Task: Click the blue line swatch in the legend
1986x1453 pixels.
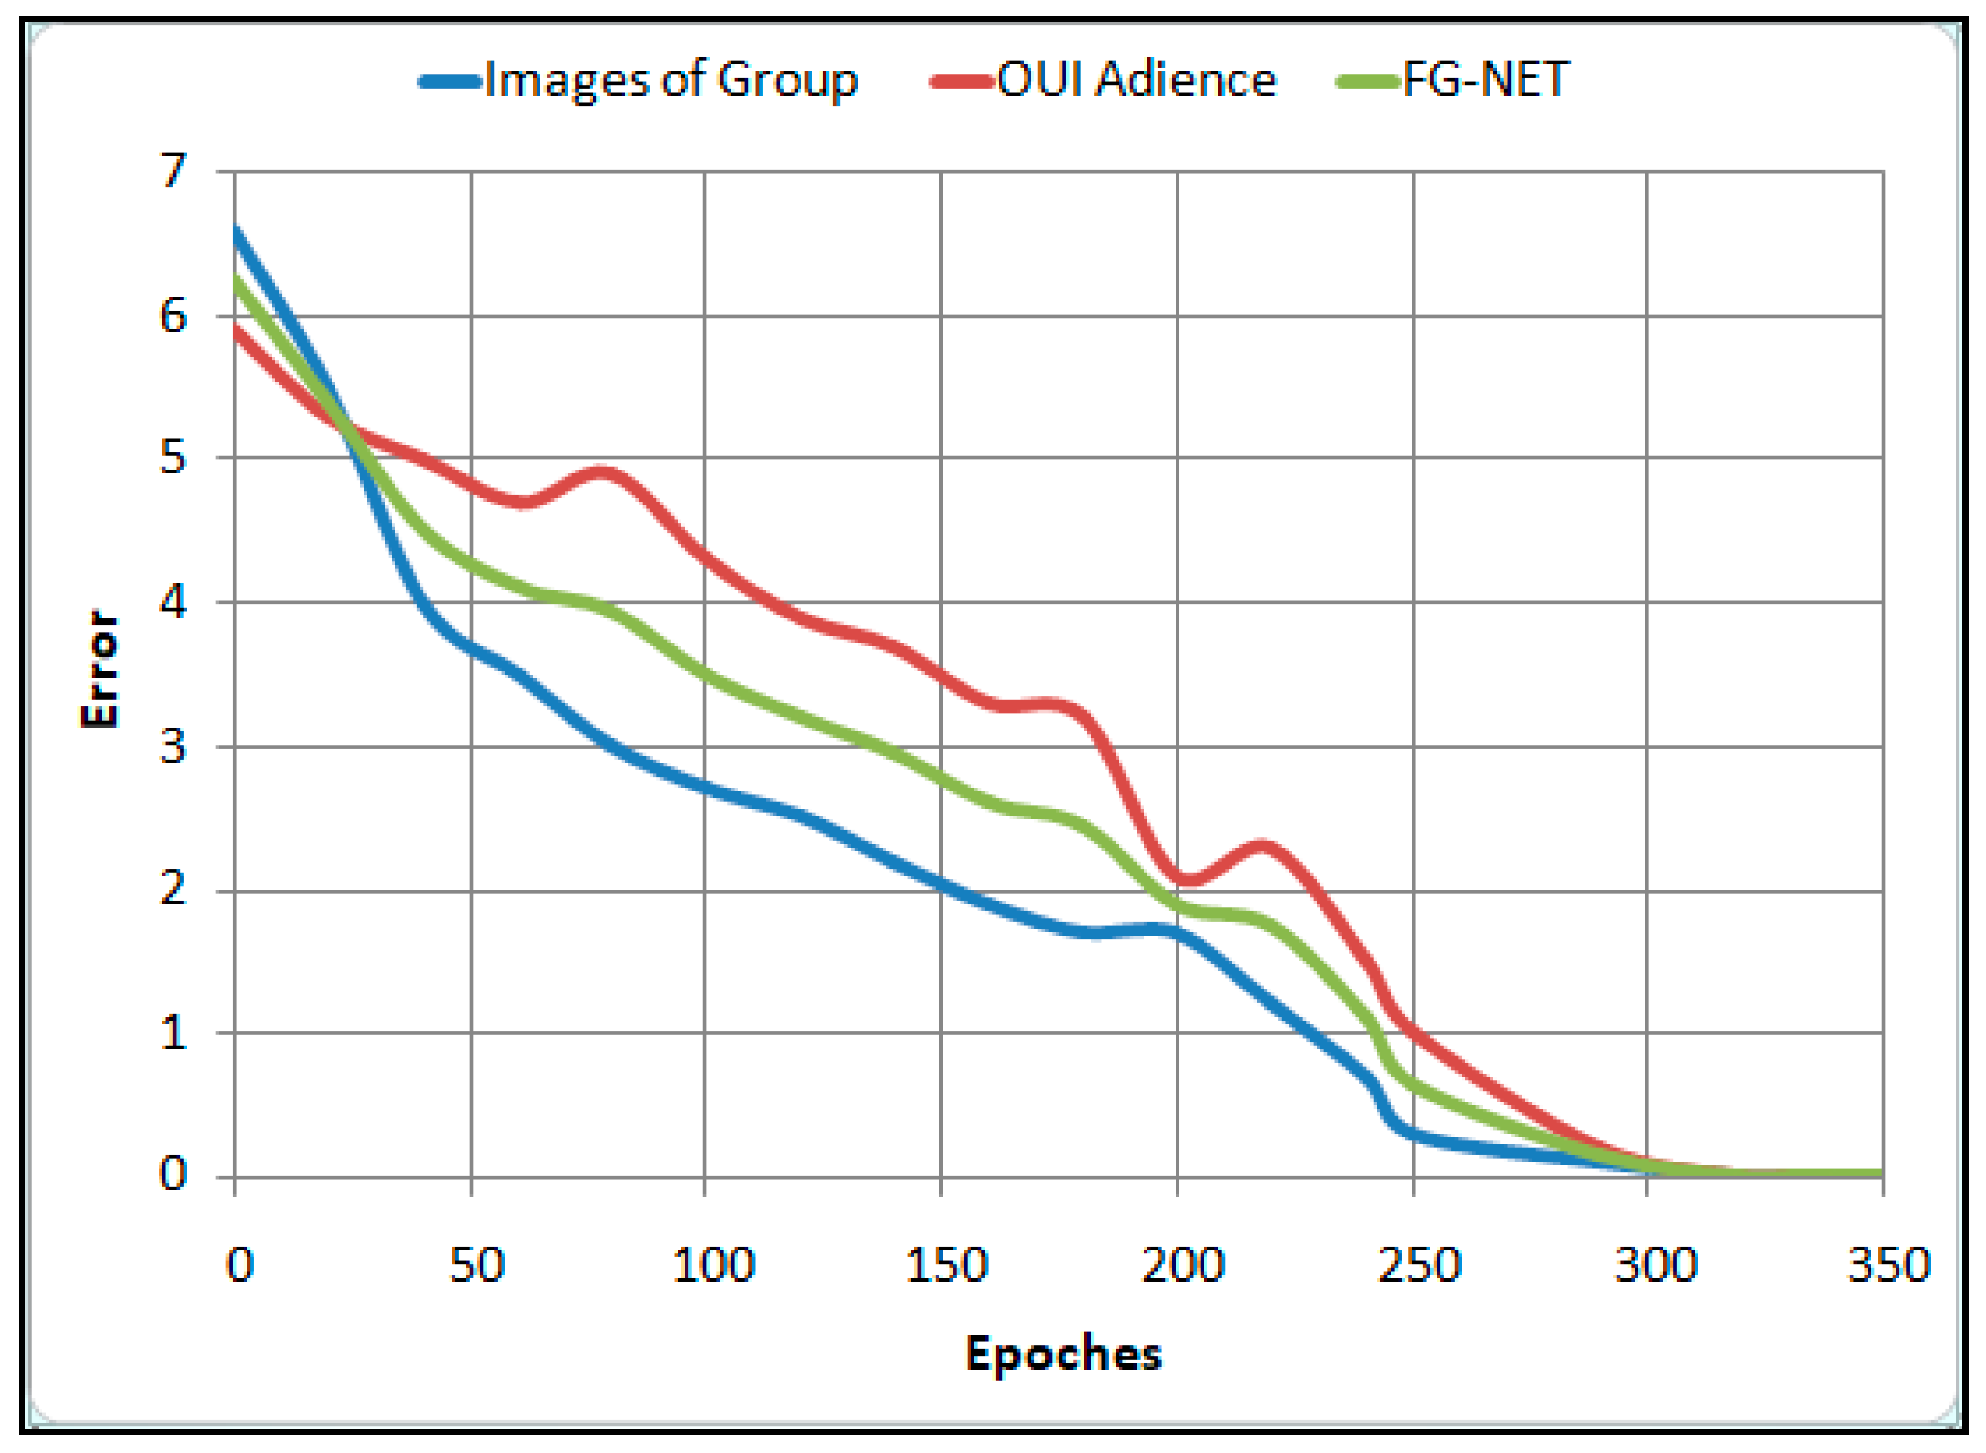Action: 450,83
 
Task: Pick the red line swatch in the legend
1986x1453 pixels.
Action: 962,83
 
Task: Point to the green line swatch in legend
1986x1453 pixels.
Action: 1368,83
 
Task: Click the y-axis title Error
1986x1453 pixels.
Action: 99,669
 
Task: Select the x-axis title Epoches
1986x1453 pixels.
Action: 1062,1354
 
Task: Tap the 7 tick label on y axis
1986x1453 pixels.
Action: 173,171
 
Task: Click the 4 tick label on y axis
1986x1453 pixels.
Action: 173,602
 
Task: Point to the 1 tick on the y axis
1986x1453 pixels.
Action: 173,1033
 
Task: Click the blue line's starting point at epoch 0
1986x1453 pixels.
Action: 236,231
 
